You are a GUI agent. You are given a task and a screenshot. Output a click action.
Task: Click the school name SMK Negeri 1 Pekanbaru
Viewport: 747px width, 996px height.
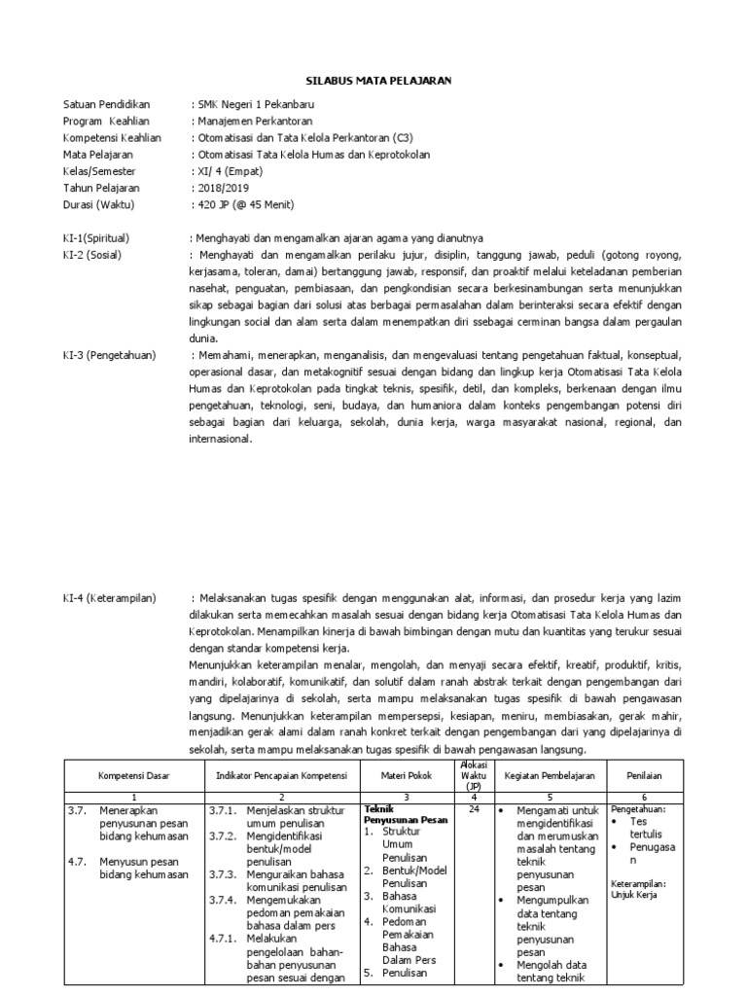click(x=256, y=105)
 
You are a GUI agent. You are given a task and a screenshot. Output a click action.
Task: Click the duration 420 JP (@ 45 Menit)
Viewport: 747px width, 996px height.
click(x=245, y=204)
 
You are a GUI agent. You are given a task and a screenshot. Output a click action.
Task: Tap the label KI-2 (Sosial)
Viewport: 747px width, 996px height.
click(x=94, y=255)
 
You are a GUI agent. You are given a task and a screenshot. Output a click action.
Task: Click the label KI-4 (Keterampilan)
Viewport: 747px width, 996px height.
click(x=109, y=598)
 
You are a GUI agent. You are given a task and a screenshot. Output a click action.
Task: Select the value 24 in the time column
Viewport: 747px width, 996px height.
click(x=473, y=809)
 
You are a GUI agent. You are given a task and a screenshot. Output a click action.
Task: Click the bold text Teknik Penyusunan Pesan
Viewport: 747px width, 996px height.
click(x=405, y=814)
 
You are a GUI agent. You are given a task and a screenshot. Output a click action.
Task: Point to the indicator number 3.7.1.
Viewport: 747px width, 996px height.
click(x=224, y=809)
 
